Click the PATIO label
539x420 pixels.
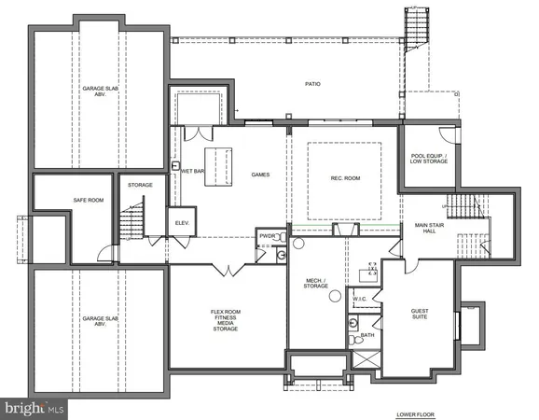(x=312, y=84)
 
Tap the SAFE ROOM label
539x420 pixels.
(x=88, y=201)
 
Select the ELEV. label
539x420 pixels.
(x=181, y=222)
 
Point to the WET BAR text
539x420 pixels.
(x=193, y=172)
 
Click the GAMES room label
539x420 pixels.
(x=260, y=175)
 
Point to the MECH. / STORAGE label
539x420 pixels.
(x=315, y=284)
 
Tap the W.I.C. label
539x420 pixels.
(x=360, y=300)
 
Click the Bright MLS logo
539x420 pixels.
(x=34, y=408)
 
